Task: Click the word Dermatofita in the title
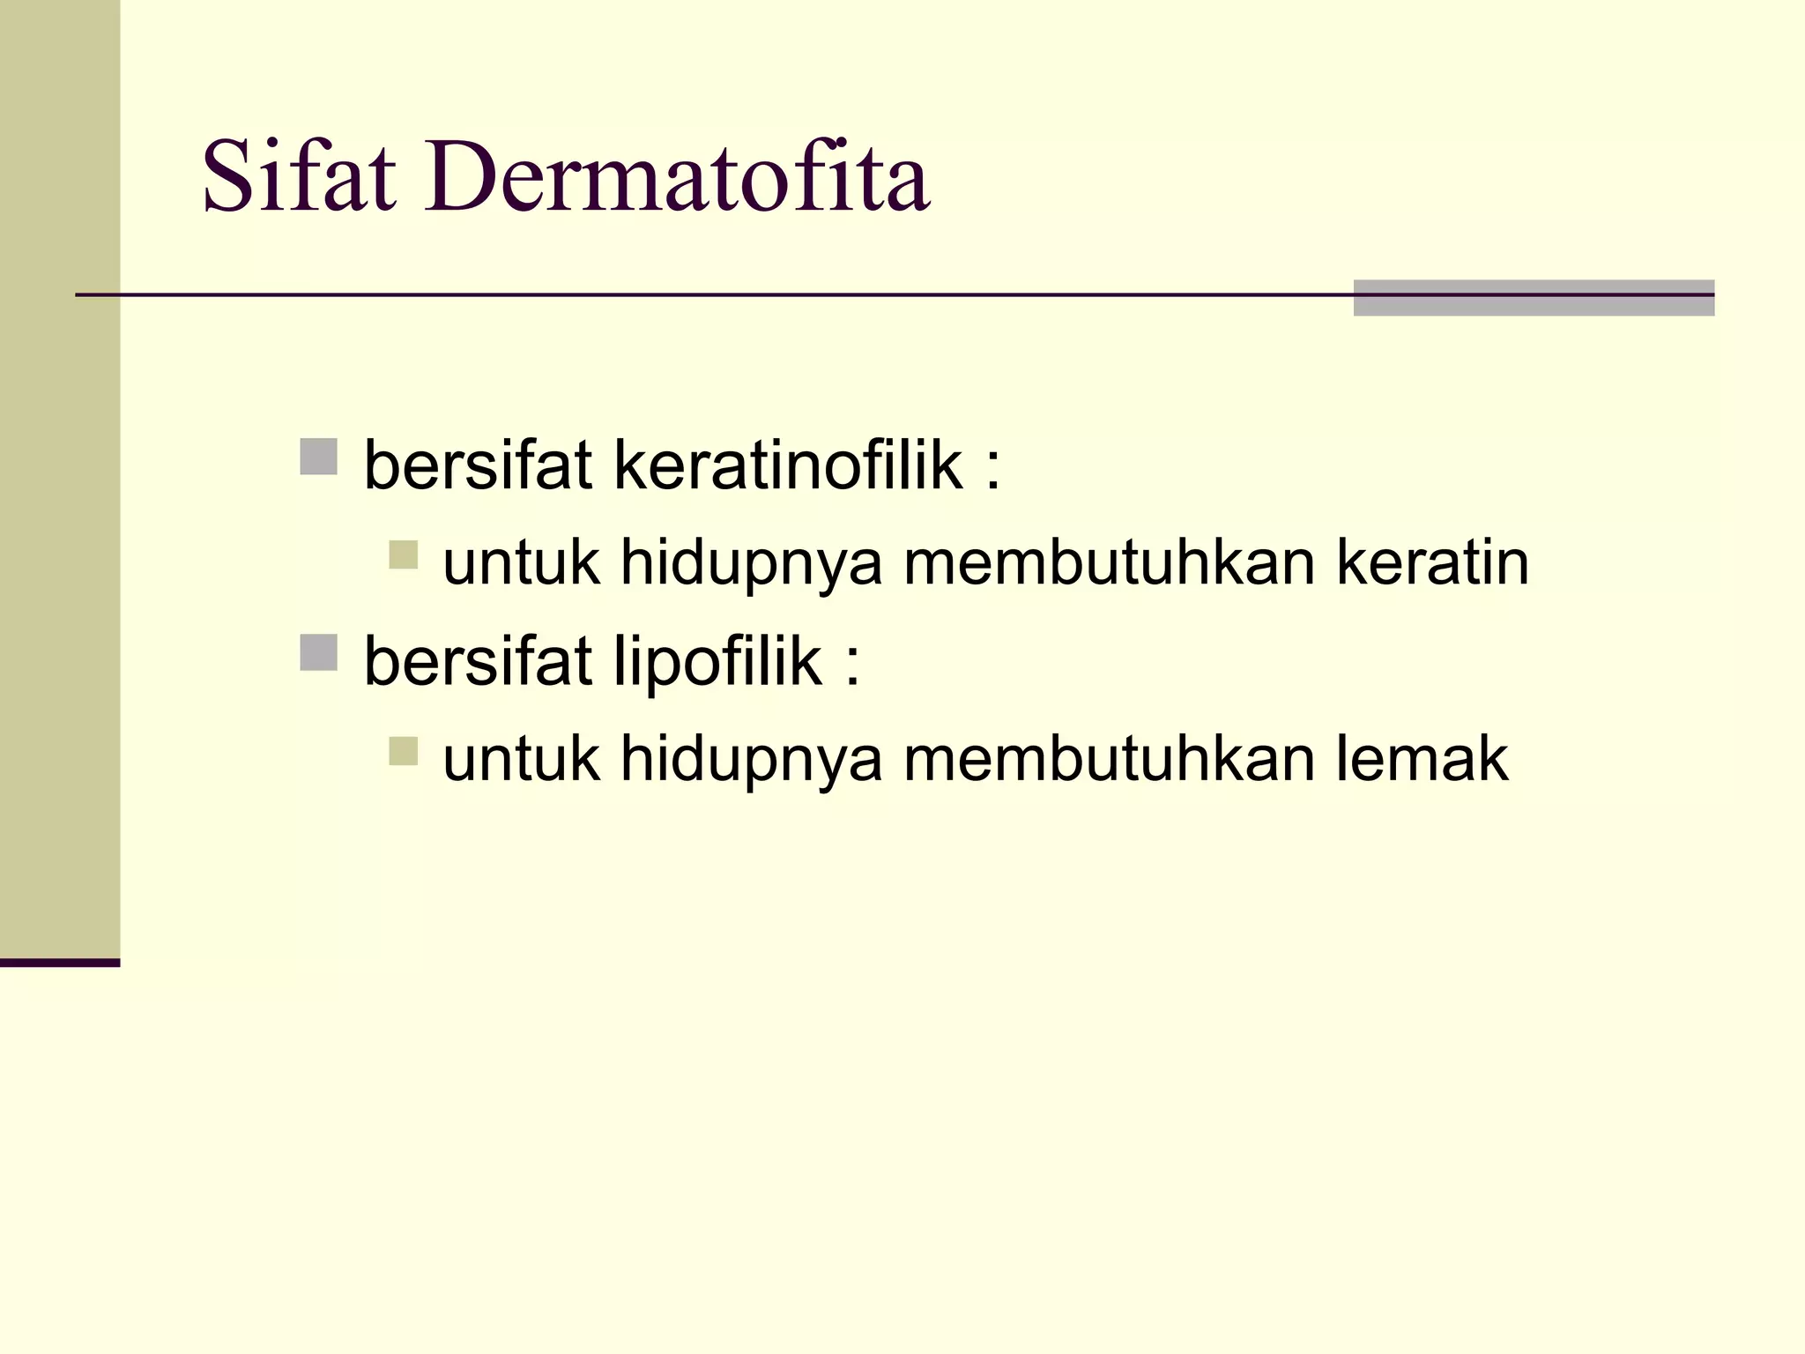[x=676, y=176]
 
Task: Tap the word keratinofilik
[x=788, y=465]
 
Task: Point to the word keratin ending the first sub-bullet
[x=1432, y=562]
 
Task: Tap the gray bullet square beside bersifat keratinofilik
[x=318, y=457]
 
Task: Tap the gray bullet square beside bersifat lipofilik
[x=318, y=653]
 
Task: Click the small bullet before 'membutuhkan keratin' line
[x=403, y=555]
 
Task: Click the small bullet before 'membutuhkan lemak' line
[x=403, y=751]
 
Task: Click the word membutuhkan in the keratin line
[x=1110, y=562]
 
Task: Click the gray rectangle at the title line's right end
[x=1534, y=298]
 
